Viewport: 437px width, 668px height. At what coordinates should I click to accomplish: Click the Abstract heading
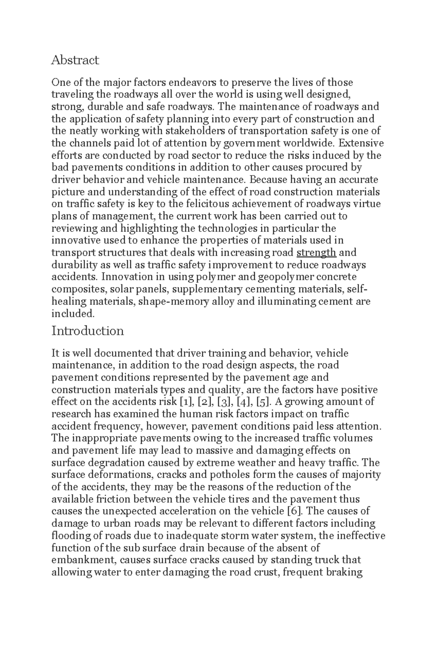(75, 60)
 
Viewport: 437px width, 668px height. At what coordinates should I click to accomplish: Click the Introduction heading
(88, 331)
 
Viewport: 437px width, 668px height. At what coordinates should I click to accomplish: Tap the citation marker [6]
(295, 511)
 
